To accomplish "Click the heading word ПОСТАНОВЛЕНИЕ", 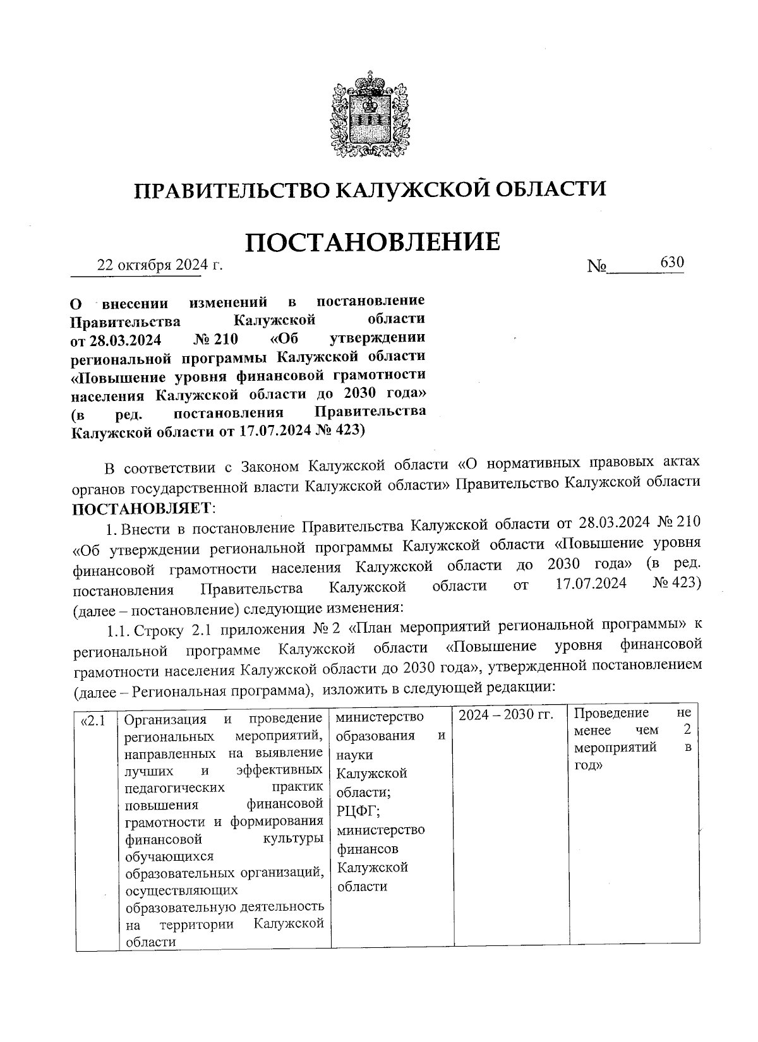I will [x=372, y=241].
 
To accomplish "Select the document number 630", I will [x=671, y=262].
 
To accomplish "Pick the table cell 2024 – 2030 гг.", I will [x=505, y=715].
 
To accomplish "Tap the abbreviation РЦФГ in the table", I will [x=358, y=811].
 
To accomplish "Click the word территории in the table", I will [x=196, y=925].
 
